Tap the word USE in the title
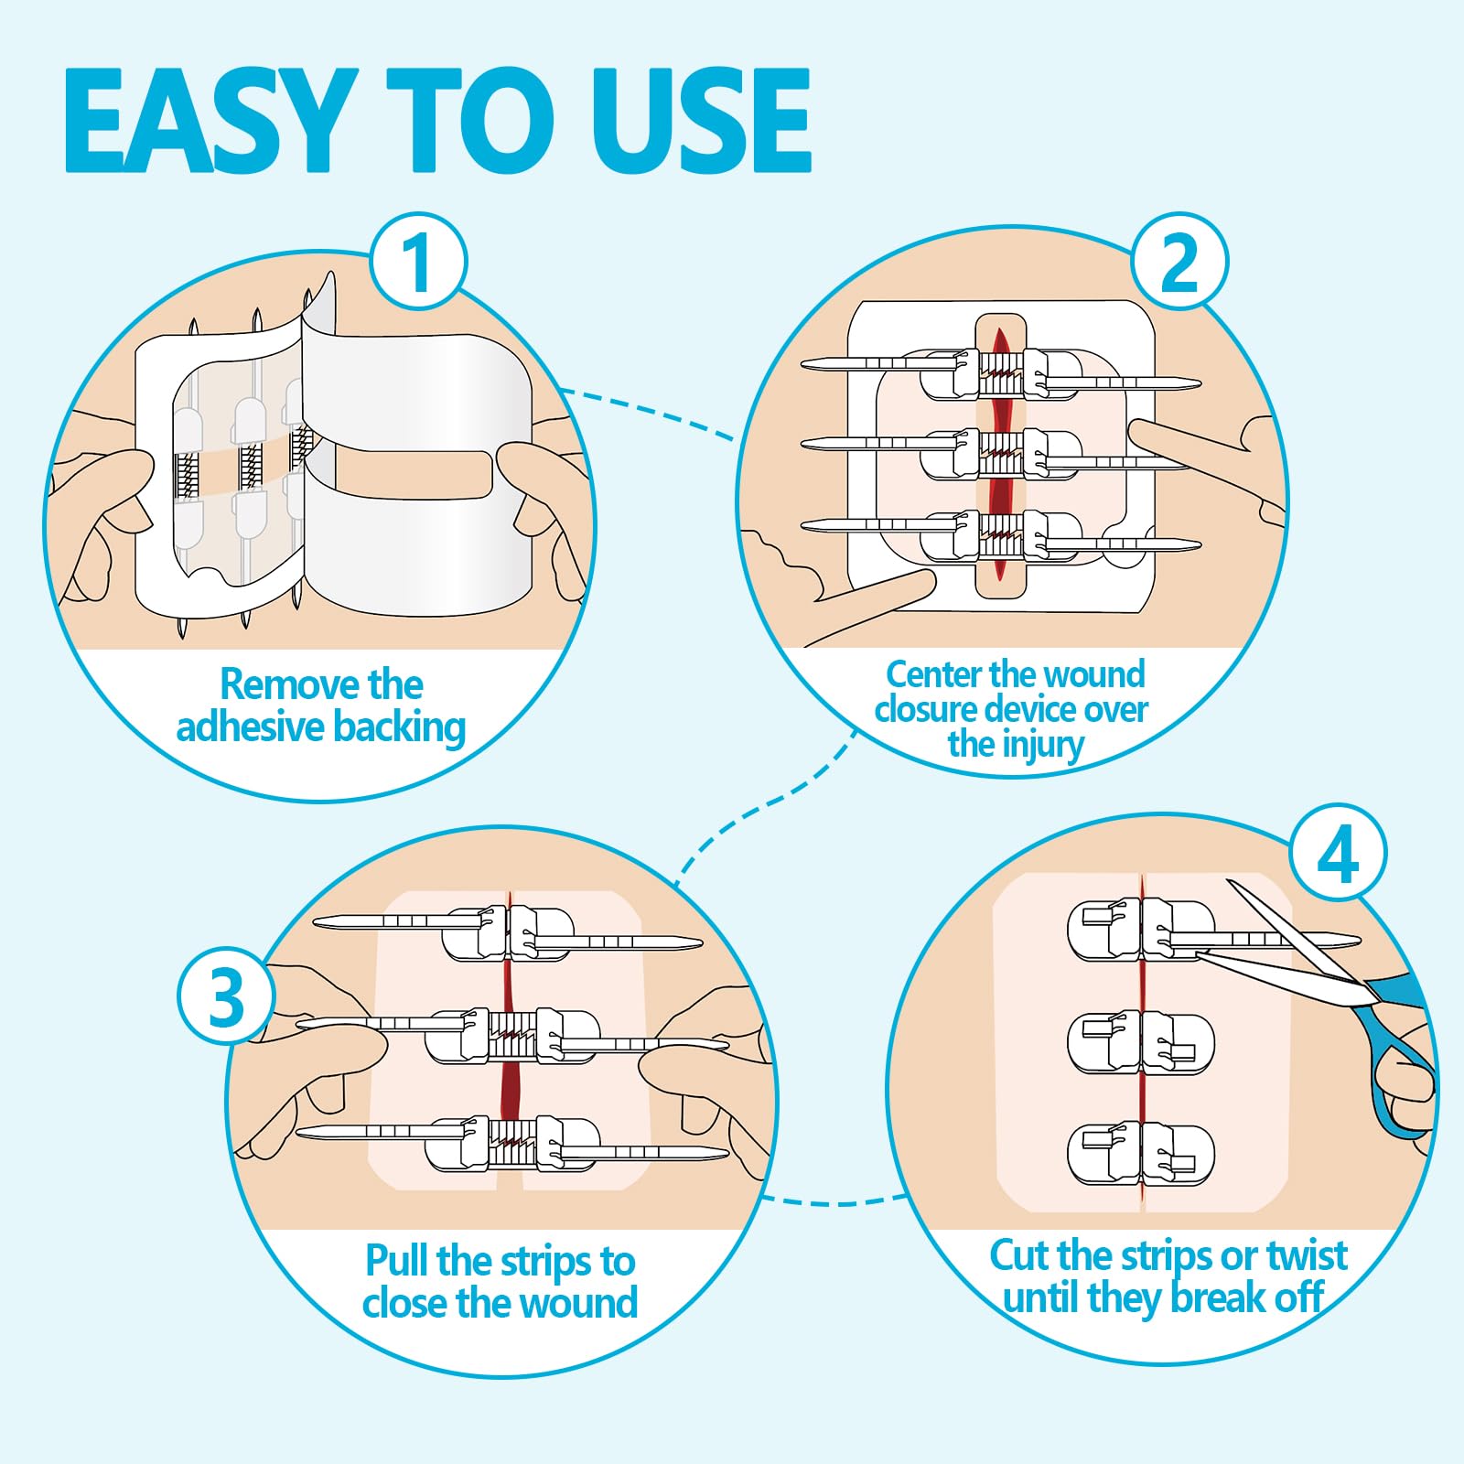(x=700, y=121)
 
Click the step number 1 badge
(x=418, y=263)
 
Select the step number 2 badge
(x=1179, y=263)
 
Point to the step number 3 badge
(x=226, y=996)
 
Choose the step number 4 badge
(x=1338, y=854)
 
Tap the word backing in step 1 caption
(x=399, y=728)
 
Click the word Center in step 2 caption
(x=933, y=674)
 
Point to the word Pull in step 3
(x=396, y=1260)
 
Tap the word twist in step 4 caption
(x=1307, y=1255)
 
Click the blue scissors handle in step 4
(x=1400, y=1052)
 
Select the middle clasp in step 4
(x=1141, y=1042)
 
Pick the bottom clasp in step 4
(x=1141, y=1154)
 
